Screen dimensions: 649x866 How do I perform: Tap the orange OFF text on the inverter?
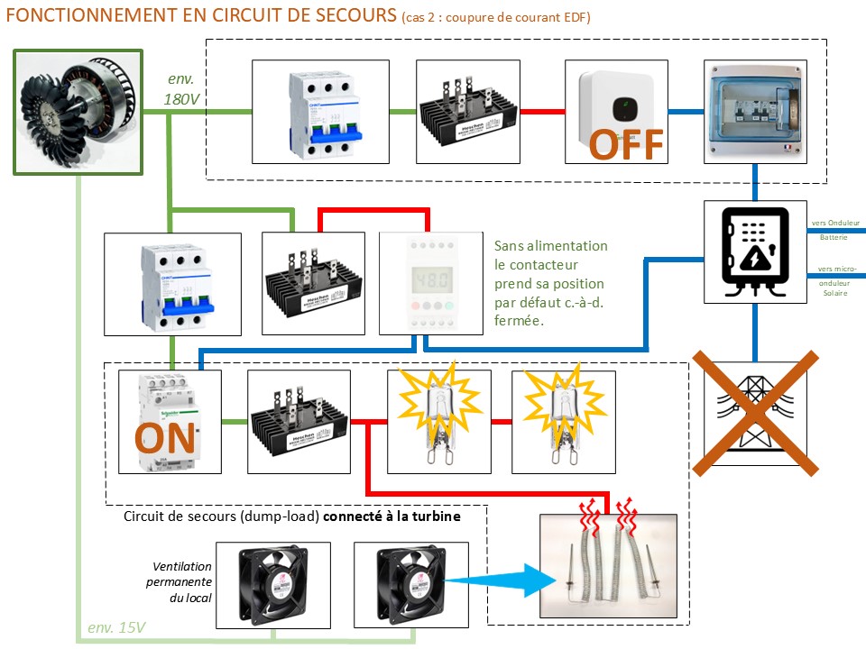pos(627,144)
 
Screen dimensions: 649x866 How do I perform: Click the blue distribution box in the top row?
pos(754,112)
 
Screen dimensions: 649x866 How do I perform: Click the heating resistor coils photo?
pos(614,568)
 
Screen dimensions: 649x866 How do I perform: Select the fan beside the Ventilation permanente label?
pos(272,584)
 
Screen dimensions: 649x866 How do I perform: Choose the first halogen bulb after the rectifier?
pos(438,420)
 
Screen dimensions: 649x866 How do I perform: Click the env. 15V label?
pos(116,627)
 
